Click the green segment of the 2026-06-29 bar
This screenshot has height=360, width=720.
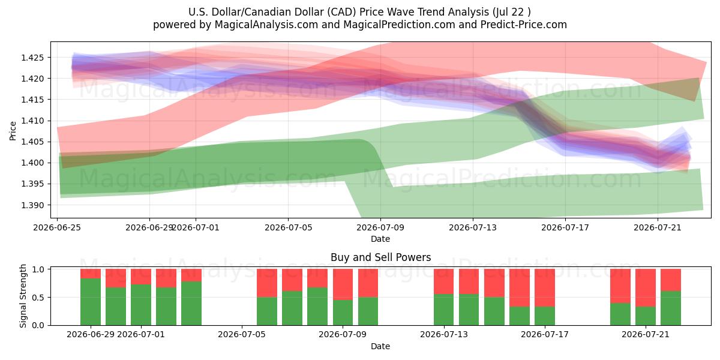pos(91,301)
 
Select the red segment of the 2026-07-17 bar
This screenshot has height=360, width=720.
pos(545,287)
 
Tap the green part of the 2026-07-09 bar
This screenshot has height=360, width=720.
pos(343,313)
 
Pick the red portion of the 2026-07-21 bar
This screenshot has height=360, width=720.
pos(646,287)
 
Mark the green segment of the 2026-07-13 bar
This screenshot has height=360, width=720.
pos(444,310)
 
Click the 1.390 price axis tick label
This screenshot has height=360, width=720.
pos(32,205)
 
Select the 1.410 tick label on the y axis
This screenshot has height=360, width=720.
pos(32,121)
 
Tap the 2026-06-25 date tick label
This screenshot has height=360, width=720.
pos(57,227)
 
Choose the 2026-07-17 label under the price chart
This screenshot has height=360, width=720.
pos(565,227)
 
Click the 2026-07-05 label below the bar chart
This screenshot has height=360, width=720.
pos(242,334)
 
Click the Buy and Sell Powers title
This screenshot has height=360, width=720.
pos(380,257)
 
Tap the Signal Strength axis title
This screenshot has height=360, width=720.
pos(23,296)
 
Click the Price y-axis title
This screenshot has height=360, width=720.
pos(13,131)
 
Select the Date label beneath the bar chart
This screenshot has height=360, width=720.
pos(380,346)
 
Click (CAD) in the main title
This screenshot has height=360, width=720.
pos(341,12)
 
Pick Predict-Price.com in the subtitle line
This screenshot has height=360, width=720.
pos(524,25)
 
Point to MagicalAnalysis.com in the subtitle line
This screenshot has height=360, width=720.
pos(266,25)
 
